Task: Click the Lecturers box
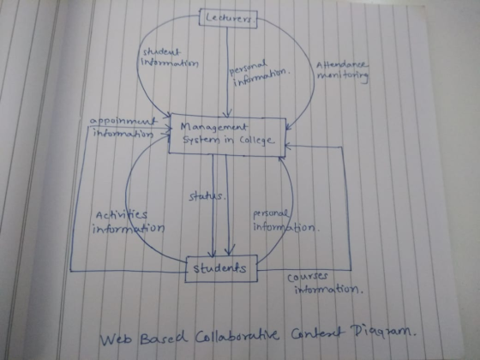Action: pyautogui.click(x=228, y=19)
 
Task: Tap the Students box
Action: pyautogui.click(x=221, y=268)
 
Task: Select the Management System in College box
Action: pyautogui.click(x=227, y=135)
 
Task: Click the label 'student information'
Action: pyautogui.click(x=170, y=58)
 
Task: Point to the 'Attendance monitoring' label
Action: pyautogui.click(x=342, y=71)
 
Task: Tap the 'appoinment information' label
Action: pyautogui.click(x=123, y=128)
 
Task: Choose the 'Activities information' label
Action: pyautogui.click(x=129, y=222)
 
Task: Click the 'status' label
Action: pyautogui.click(x=207, y=196)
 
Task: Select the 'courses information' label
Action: pyautogui.click(x=325, y=283)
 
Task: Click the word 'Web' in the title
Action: pyautogui.click(x=117, y=339)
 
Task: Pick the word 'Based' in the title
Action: pyautogui.click(x=163, y=338)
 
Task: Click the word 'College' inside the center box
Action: pyautogui.click(x=256, y=141)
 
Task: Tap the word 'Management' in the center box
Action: pyautogui.click(x=213, y=128)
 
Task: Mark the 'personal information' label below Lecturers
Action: pyautogui.click(x=260, y=73)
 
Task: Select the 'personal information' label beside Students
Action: pyautogui.click(x=285, y=221)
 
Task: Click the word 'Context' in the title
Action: pyautogui.click(x=315, y=333)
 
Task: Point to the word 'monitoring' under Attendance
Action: pyautogui.click(x=343, y=76)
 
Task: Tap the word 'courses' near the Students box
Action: pyautogui.click(x=308, y=277)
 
